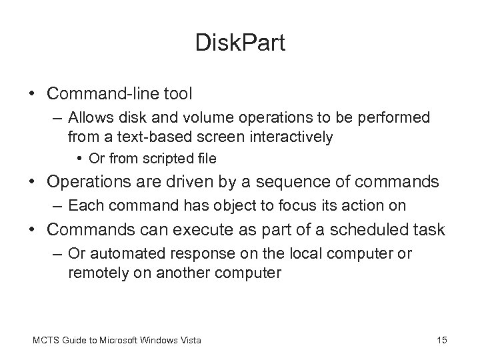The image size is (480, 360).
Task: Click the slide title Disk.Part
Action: (240, 43)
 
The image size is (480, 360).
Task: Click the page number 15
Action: (441, 341)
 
